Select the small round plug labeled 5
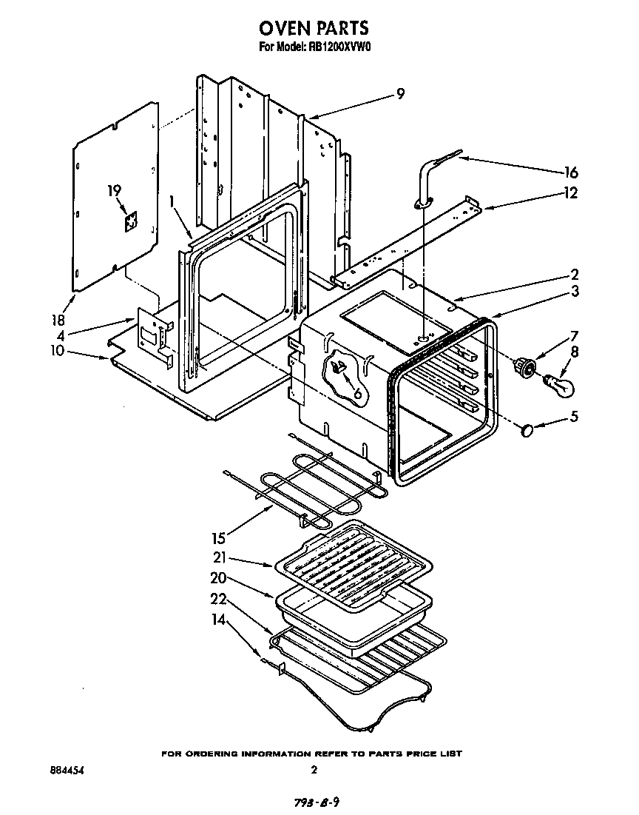click(528, 429)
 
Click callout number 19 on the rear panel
click(114, 191)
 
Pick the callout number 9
click(400, 93)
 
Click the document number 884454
click(64, 770)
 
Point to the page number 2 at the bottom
click(314, 770)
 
